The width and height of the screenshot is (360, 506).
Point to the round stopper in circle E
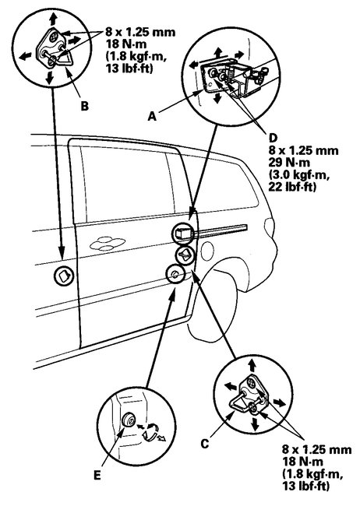click(x=125, y=421)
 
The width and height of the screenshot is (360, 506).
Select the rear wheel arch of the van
click(x=234, y=288)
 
